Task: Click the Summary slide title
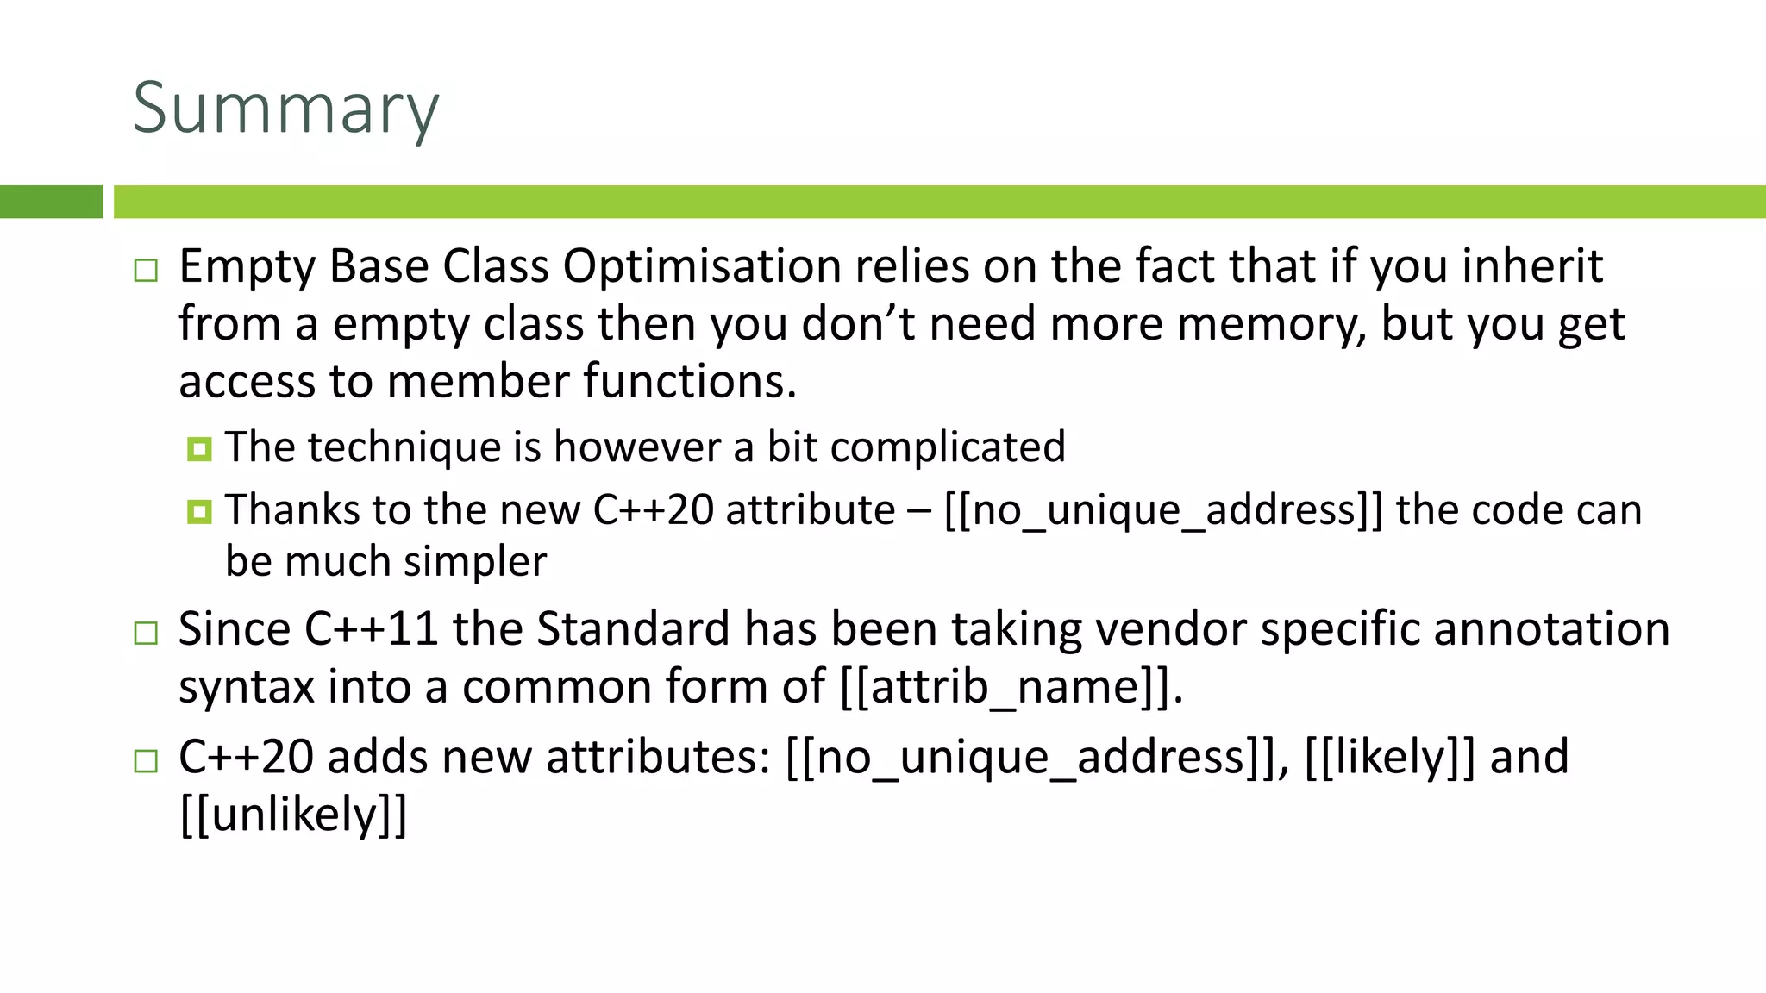click(285, 109)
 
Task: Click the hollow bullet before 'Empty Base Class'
click(147, 271)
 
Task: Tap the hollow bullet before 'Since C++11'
click(147, 634)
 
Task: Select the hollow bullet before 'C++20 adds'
click(147, 761)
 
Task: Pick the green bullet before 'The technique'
click(199, 449)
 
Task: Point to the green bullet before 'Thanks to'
click(199, 512)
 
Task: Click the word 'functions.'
click(690, 381)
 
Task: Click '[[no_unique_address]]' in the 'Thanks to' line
click(1163, 510)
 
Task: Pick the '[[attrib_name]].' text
click(1011, 688)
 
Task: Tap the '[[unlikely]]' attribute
click(293, 815)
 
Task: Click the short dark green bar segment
click(51, 202)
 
